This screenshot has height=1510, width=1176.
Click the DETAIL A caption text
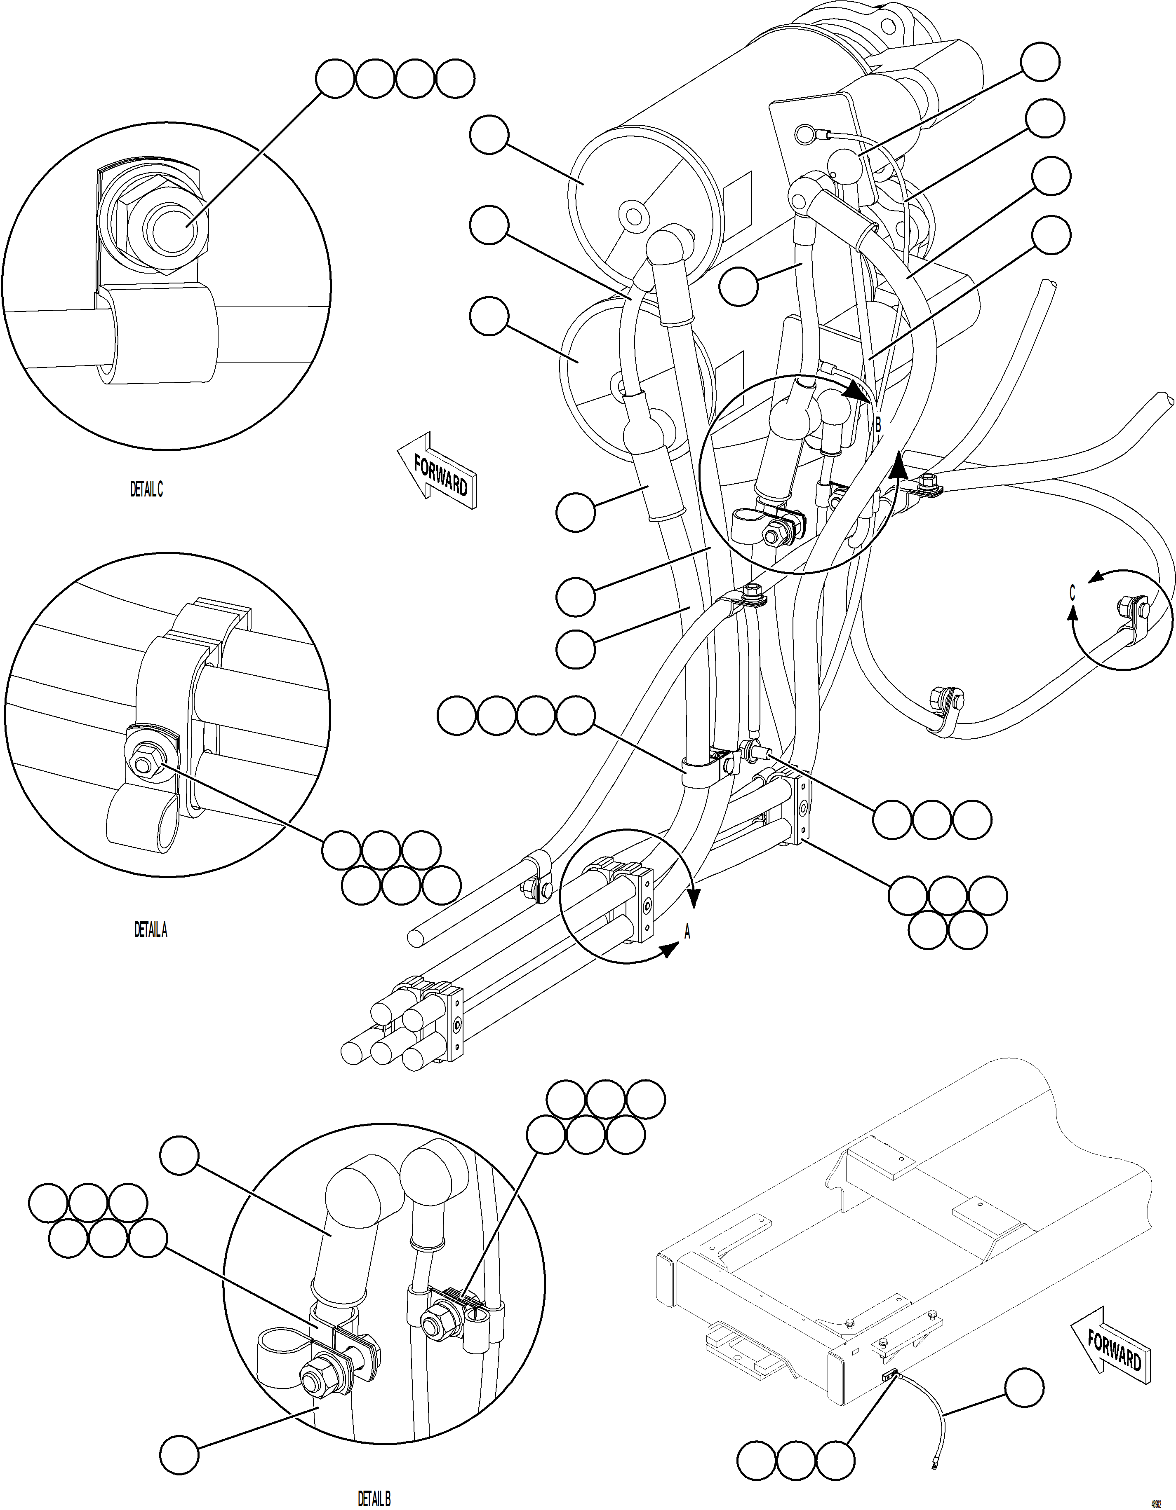pos(151,930)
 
